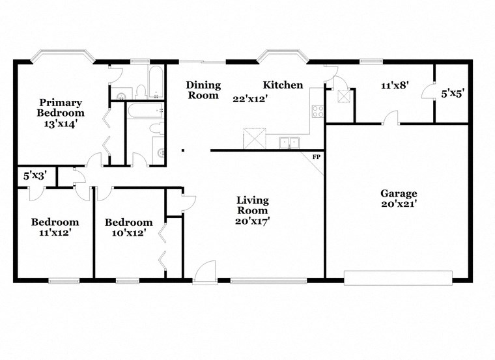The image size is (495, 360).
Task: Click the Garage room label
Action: [x=399, y=193]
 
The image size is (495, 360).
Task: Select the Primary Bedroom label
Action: [x=60, y=107]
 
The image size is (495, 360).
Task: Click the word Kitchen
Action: [x=283, y=85]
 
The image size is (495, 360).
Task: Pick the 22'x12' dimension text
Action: [x=251, y=99]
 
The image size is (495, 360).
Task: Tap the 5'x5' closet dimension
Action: [x=453, y=94]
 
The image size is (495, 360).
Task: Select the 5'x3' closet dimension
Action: [x=35, y=175]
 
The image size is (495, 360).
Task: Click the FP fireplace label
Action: [x=317, y=157]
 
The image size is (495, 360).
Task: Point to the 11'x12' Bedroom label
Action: [x=55, y=227]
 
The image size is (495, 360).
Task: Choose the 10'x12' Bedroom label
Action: [x=129, y=227]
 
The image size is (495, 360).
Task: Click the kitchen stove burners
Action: [x=318, y=111]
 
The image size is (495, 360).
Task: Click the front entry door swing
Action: [x=205, y=271]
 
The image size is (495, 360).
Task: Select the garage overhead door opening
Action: [x=398, y=278]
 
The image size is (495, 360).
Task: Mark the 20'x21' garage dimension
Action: [x=399, y=204]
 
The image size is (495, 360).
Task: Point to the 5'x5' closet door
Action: [x=427, y=92]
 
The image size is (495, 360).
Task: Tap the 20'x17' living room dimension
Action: [x=253, y=221]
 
